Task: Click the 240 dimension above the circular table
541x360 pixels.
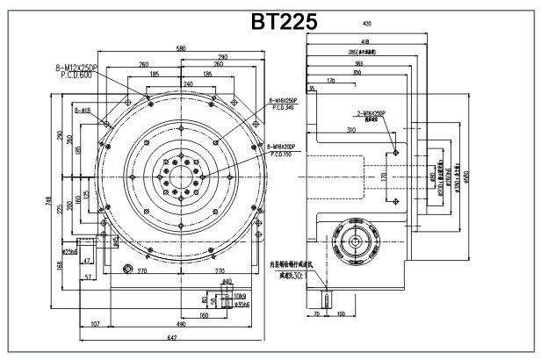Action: point(188,83)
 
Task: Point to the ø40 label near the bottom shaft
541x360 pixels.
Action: point(227,282)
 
